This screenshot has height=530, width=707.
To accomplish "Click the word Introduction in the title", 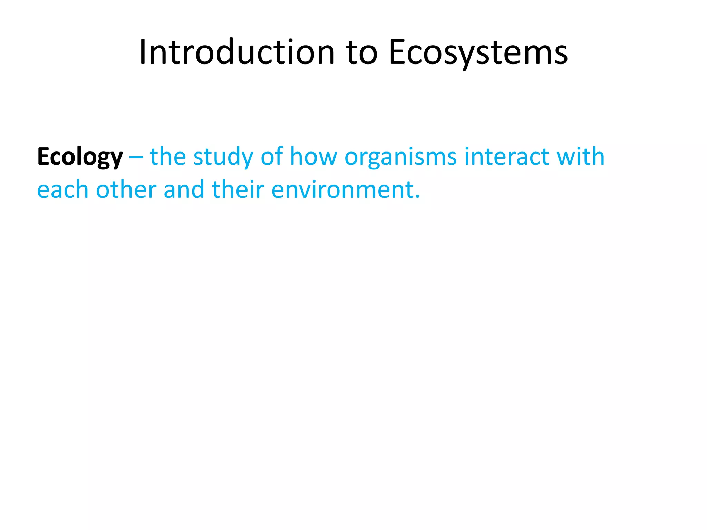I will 237,52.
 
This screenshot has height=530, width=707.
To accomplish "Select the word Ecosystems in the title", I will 478,52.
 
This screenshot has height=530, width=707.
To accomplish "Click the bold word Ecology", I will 80,157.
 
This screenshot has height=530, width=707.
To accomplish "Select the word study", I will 223,157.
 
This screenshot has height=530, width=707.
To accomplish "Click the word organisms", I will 400,157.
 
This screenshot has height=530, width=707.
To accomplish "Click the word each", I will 62,190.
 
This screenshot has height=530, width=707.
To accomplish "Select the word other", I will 126,190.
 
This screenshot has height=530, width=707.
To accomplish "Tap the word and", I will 184,190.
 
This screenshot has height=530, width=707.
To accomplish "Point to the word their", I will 238,190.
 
